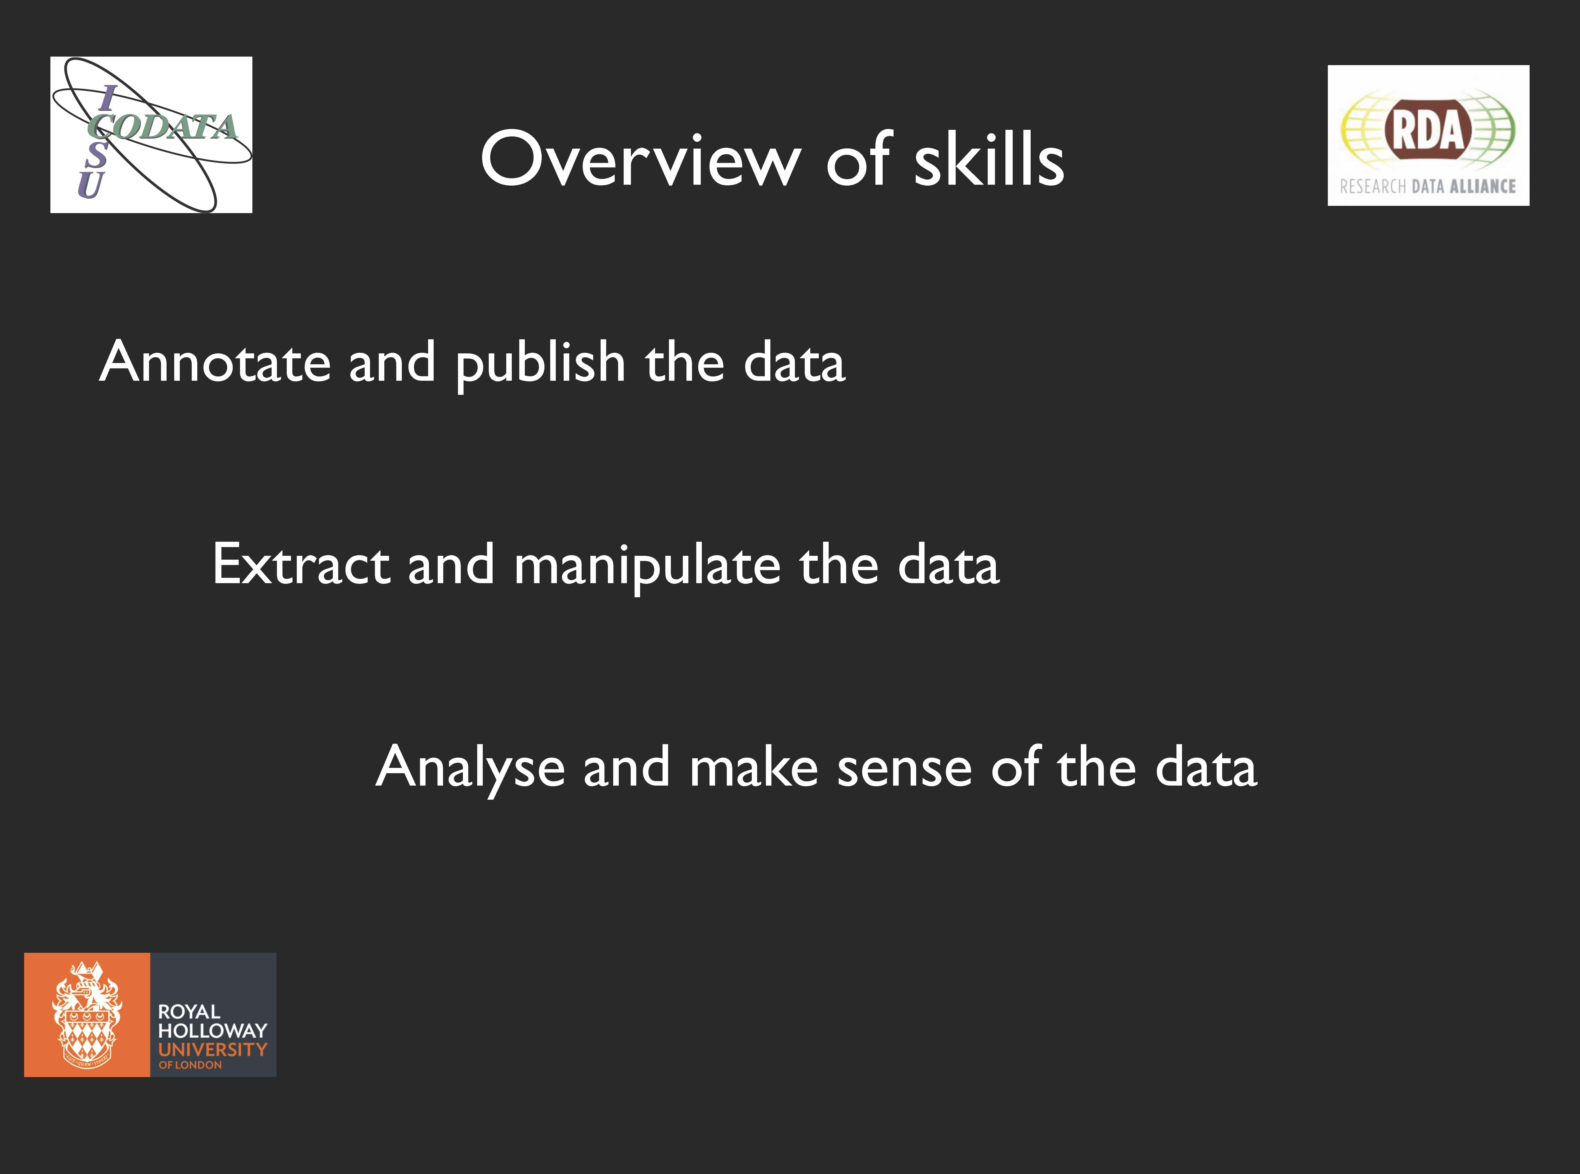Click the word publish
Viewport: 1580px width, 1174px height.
pos(540,364)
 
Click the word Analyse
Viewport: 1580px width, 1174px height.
pos(470,767)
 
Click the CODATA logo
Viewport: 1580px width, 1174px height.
pos(151,134)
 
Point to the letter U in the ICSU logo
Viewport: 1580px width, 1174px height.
pos(91,184)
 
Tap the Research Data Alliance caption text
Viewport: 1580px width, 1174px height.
pos(1428,186)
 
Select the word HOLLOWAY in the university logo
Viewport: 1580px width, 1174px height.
pos(212,1031)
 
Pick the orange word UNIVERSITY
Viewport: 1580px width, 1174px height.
pos(212,1050)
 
